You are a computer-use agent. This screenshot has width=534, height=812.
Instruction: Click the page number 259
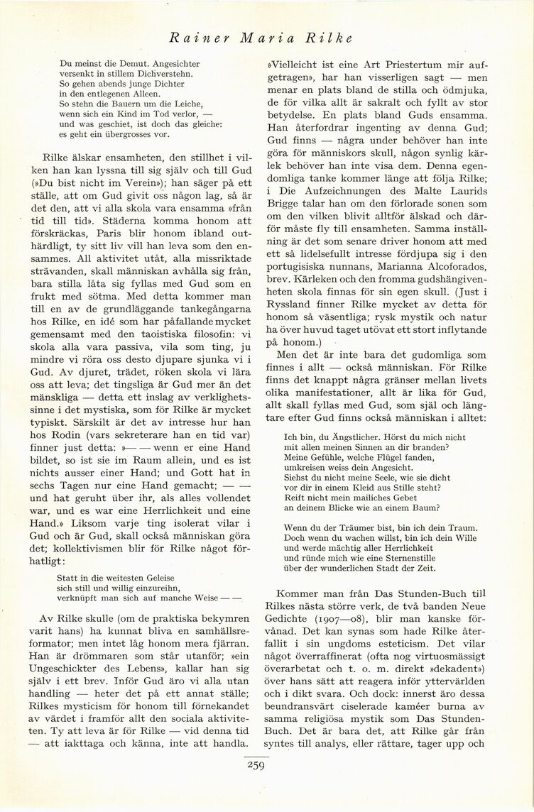pyautogui.click(x=256, y=764)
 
